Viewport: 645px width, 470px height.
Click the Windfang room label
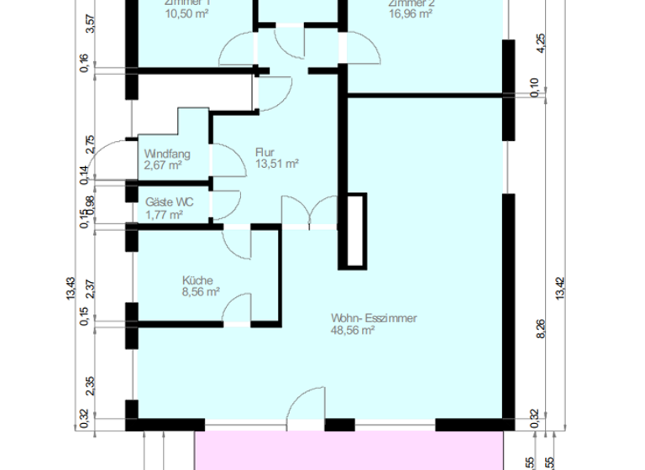coord(167,154)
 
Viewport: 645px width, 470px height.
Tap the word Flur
coord(265,153)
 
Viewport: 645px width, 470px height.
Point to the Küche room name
coord(197,280)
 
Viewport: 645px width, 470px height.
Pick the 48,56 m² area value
coord(353,331)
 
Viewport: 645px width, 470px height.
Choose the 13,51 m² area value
coord(277,164)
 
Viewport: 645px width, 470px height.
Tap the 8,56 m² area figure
coord(202,292)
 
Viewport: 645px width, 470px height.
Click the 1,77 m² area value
coord(164,215)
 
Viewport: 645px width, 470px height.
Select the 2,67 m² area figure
coord(163,165)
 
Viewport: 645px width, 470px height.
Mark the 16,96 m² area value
coord(410,13)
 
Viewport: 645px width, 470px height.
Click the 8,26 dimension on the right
coord(540,330)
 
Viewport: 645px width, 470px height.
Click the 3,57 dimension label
coord(91,23)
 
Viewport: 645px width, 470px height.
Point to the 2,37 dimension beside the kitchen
coord(91,288)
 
